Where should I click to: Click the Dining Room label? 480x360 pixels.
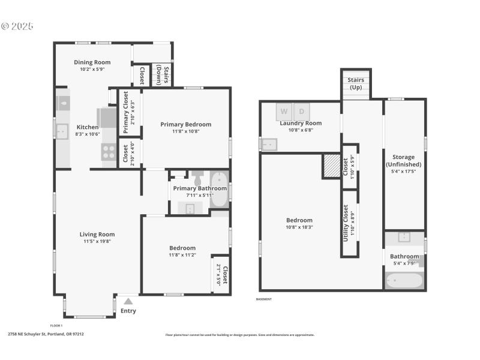click(92, 62)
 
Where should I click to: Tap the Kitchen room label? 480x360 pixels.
click(88, 127)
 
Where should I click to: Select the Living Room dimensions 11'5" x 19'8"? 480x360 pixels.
click(97, 241)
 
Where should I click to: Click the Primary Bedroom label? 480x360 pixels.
click(185, 125)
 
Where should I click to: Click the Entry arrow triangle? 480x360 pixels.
click(128, 302)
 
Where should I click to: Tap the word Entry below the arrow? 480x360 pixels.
click(128, 311)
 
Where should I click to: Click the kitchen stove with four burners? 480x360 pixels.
click(109, 152)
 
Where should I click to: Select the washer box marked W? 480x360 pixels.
click(284, 112)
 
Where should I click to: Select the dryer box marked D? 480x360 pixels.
click(302, 112)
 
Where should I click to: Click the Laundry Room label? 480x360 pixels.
click(301, 123)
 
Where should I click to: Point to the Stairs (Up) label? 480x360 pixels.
click(356, 83)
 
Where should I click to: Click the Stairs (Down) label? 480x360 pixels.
click(165, 76)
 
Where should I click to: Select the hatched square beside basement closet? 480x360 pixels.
click(331, 166)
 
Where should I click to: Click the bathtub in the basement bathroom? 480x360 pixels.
click(403, 281)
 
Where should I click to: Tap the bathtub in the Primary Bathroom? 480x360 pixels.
click(220, 189)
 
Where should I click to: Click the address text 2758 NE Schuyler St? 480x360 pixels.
click(46, 334)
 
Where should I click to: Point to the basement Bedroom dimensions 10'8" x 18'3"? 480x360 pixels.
click(299, 227)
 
